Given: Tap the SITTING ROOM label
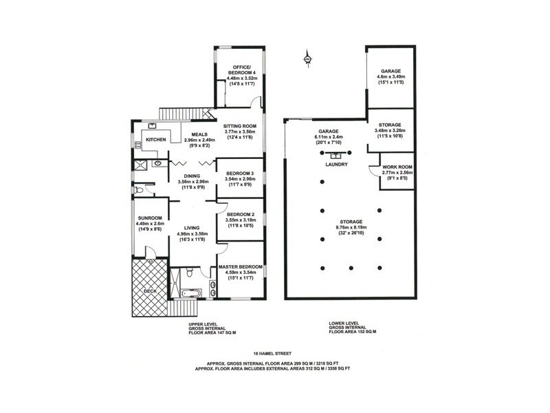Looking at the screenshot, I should (x=240, y=127).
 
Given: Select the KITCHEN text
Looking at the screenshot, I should (x=156, y=139).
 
